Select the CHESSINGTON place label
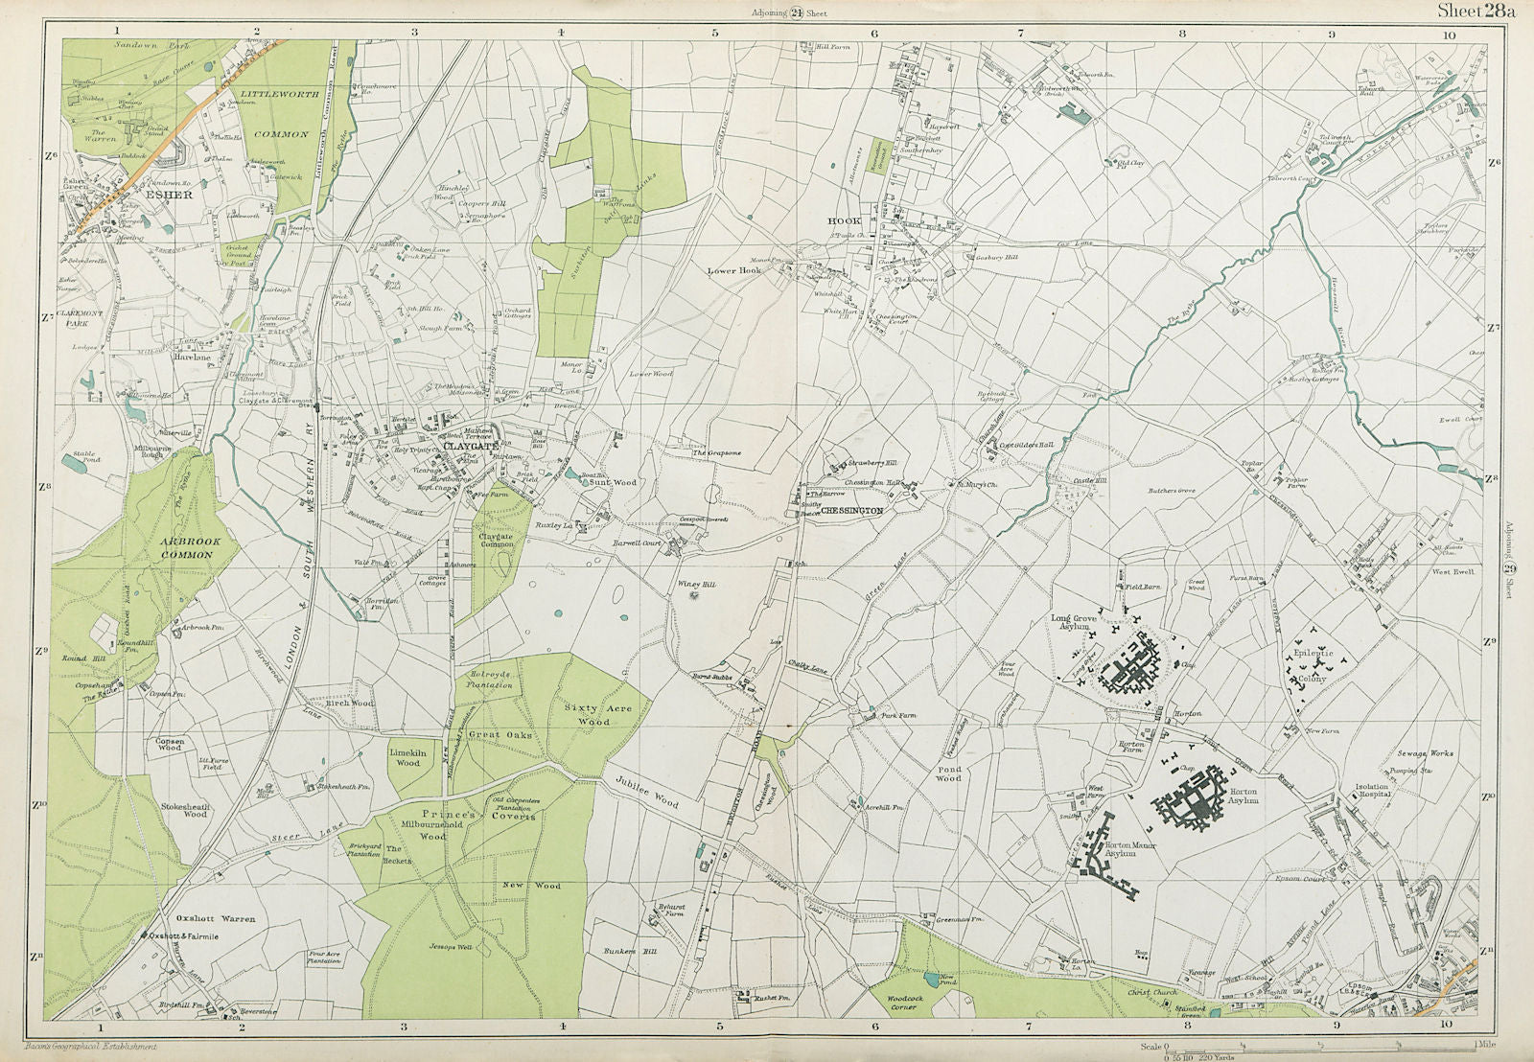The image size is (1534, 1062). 851,511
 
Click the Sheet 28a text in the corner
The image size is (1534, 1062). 1476,12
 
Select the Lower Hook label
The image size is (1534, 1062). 733,271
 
